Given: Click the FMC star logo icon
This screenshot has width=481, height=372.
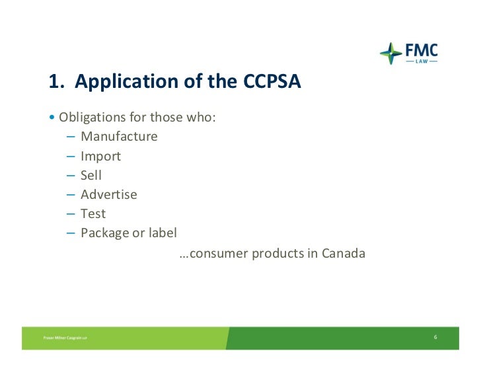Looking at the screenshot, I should click(391, 54).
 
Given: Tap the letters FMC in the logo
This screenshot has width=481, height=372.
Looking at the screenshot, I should click(420, 50).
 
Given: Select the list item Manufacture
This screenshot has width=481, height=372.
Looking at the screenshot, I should click(119, 137).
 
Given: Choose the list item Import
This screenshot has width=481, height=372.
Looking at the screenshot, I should click(100, 157).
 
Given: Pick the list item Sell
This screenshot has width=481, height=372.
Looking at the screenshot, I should click(91, 176).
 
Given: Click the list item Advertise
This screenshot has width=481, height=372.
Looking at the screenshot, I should click(109, 195).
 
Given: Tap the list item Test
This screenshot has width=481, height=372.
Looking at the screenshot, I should click(93, 214).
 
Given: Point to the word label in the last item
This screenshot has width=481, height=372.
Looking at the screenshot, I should click(163, 233).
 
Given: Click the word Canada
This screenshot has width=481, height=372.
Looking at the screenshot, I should click(343, 253).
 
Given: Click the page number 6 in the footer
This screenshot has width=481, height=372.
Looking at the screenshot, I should click(435, 338).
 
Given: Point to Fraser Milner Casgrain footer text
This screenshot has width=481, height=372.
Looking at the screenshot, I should click(65, 338).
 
